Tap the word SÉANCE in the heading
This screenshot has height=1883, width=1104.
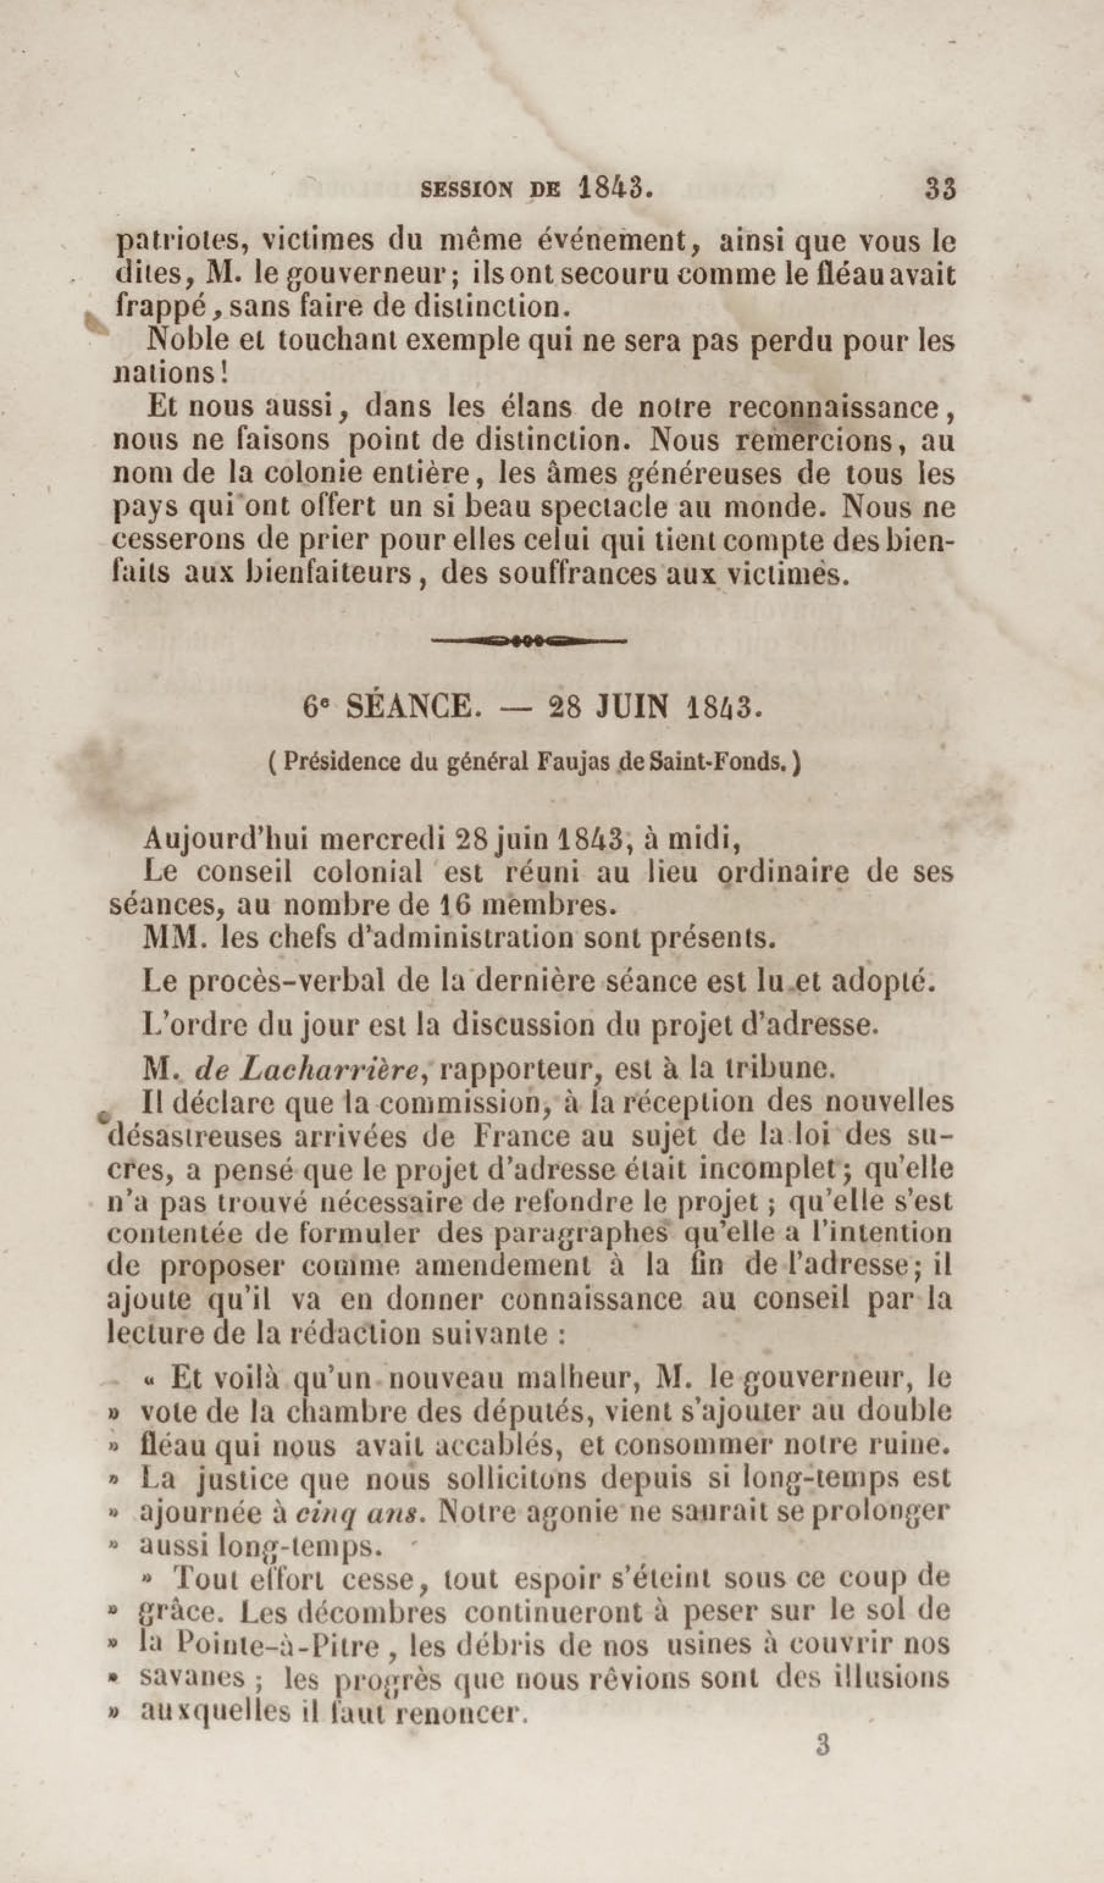[409, 706]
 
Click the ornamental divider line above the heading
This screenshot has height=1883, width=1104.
[529, 640]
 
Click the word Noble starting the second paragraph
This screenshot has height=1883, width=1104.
[187, 341]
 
